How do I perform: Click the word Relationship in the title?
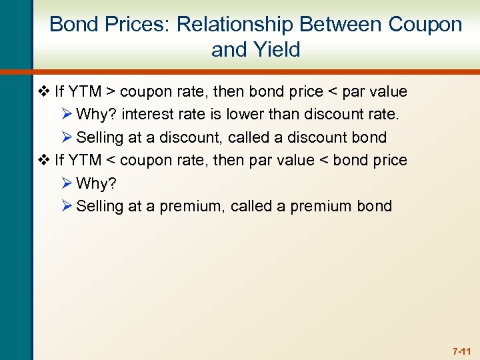tap(235, 25)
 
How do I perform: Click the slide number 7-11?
tap(461, 350)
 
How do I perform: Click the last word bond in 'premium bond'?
tap(374, 207)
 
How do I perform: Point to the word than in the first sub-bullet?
tap(285, 115)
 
